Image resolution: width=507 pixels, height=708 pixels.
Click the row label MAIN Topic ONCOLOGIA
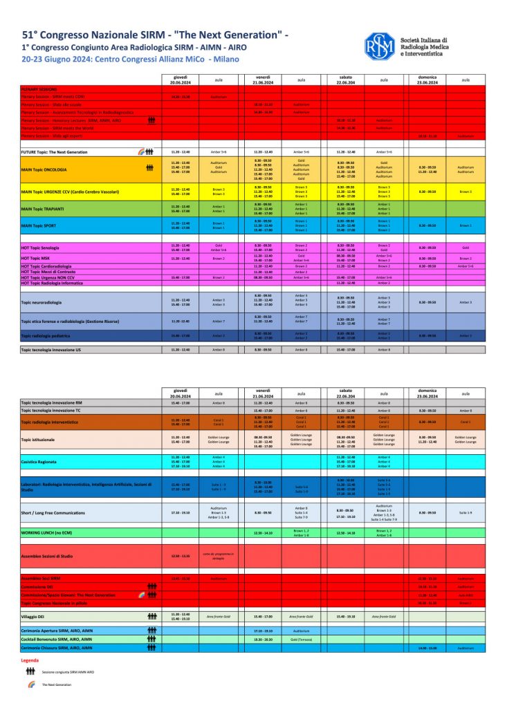44,167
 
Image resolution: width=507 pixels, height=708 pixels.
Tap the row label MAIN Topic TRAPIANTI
42,208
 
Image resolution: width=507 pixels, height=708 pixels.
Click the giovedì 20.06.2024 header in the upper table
180,80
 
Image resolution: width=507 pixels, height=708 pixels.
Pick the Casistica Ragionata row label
39,461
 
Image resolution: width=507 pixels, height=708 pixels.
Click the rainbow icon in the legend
30,684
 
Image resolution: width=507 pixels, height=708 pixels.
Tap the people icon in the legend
30,671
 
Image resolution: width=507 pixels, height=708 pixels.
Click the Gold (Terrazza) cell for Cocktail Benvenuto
301,640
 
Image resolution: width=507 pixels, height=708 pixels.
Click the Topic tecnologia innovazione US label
51,350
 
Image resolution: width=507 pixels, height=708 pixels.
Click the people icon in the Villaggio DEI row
152,615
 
